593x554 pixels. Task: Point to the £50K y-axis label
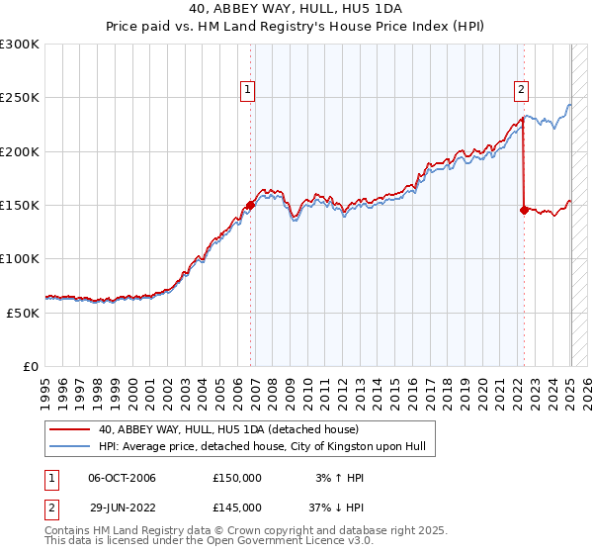pyautogui.click(x=22, y=313)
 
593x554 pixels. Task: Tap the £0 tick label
pyautogui.click(x=32, y=366)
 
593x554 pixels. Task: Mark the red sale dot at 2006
pyautogui.click(x=250, y=206)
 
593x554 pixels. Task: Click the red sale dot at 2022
pyautogui.click(x=524, y=211)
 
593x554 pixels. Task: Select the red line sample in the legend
pyautogui.click(x=69, y=429)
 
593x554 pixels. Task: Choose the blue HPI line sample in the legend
pyautogui.click(x=69, y=446)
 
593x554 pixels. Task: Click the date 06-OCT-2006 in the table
pyautogui.click(x=122, y=478)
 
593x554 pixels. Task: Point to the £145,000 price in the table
pyautogui.click(x=237, y=507)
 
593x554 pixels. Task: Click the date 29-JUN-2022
pyautogui.click(x=122, y=507)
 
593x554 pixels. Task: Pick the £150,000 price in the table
pyautogui.click(x=237, y=478)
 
